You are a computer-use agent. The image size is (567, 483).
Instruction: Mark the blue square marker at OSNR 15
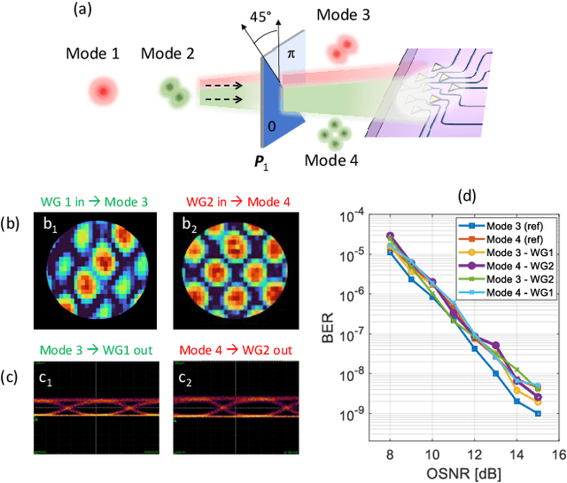click(x=538, y=413)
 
